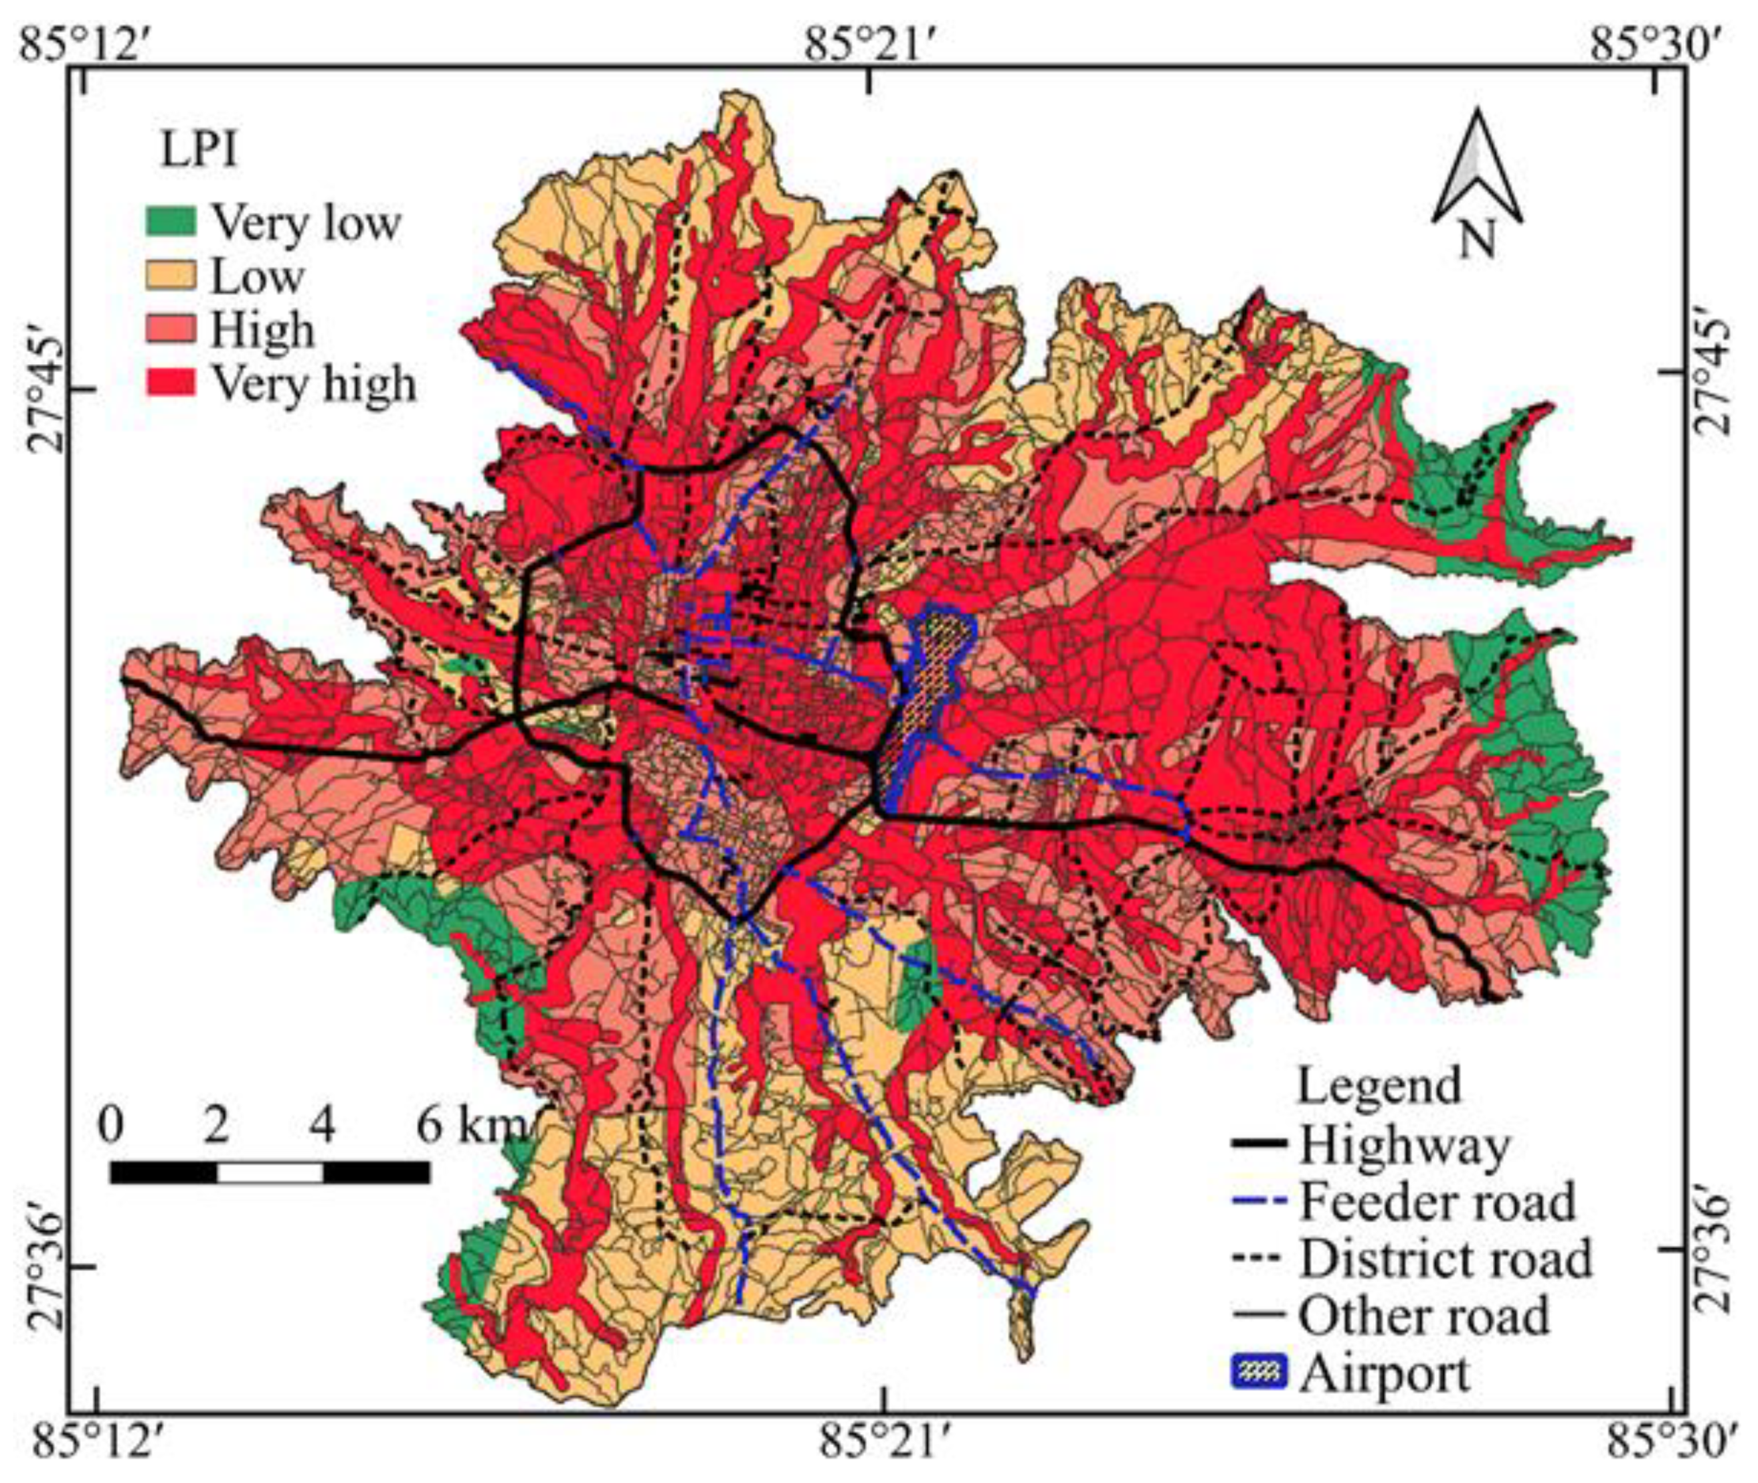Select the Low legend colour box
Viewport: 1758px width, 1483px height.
(171, 276)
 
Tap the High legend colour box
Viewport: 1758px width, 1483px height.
(171, 329)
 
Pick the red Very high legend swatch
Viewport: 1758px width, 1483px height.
(171, 383)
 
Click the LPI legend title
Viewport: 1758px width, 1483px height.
(199, 151)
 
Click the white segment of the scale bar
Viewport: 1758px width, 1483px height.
(270, 1172)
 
